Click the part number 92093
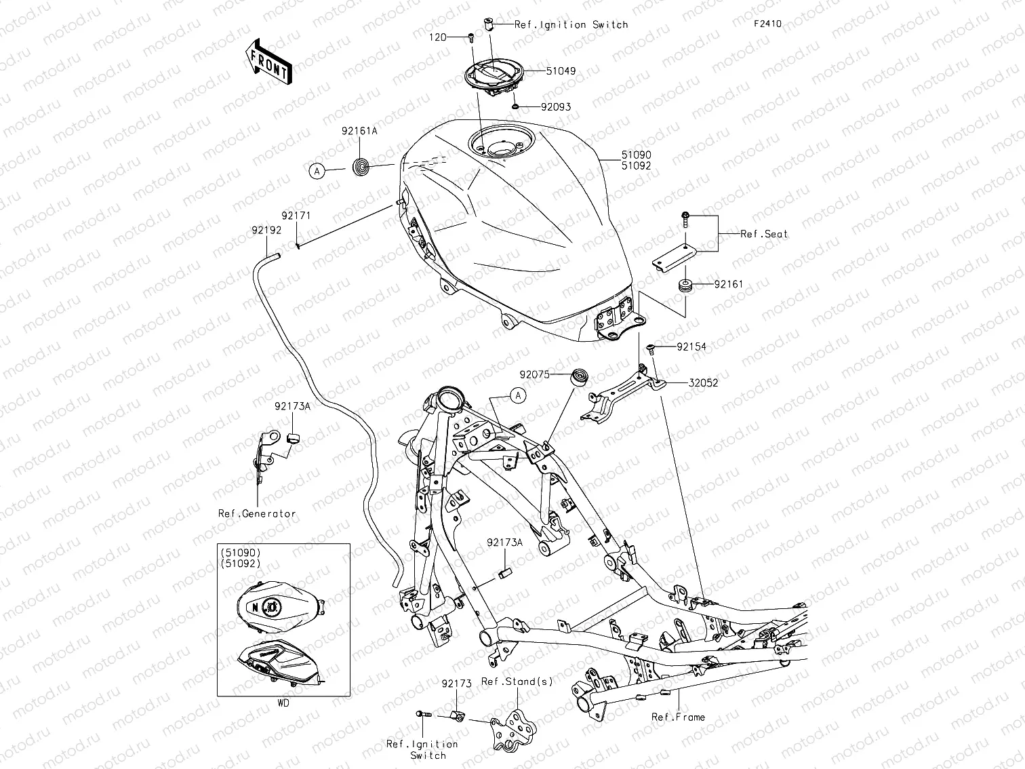(556, 107)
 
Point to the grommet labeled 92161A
(362, 165)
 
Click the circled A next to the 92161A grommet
(317, 172)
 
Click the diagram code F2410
(767, 24)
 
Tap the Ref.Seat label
(764, 234)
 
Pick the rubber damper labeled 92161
(685, 285)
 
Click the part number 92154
(691, 347)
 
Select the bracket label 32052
(703, 382)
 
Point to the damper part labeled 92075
(580, 377)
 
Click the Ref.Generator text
(257, 513)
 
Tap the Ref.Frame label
(678, 717)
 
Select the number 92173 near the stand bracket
(456, 684)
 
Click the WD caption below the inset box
(283, 703)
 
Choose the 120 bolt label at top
(438, 37)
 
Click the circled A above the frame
(518, 395)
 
